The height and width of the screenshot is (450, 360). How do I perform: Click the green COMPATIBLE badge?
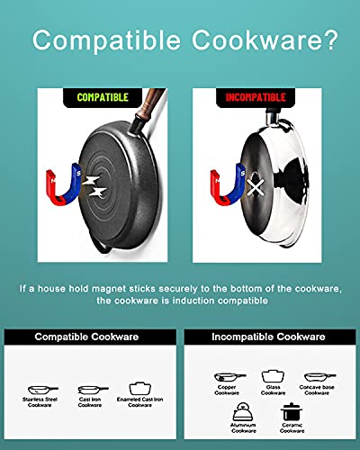point(103,97)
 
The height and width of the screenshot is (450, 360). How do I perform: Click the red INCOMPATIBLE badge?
point(256,97)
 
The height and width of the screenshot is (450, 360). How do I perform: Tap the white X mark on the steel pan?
point(256,187)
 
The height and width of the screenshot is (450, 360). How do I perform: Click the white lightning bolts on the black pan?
point(94,186)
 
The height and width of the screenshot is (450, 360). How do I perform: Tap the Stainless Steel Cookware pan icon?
point(42,390)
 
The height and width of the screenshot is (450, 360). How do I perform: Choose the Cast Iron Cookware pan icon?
point(93,390)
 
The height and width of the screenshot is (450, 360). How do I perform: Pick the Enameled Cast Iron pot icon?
point(139,389)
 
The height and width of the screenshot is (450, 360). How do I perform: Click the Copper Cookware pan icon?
point(229,377)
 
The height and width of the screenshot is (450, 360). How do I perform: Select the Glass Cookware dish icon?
point(273,376)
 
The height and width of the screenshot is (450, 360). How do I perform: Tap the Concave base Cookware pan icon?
point(319,377)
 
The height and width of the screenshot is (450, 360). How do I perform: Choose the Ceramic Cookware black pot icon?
point(292,411)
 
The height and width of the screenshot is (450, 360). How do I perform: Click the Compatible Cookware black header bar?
point(90,337)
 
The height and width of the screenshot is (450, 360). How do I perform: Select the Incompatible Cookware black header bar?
point(270,337)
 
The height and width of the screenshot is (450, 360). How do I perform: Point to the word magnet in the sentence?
point(108,289)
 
